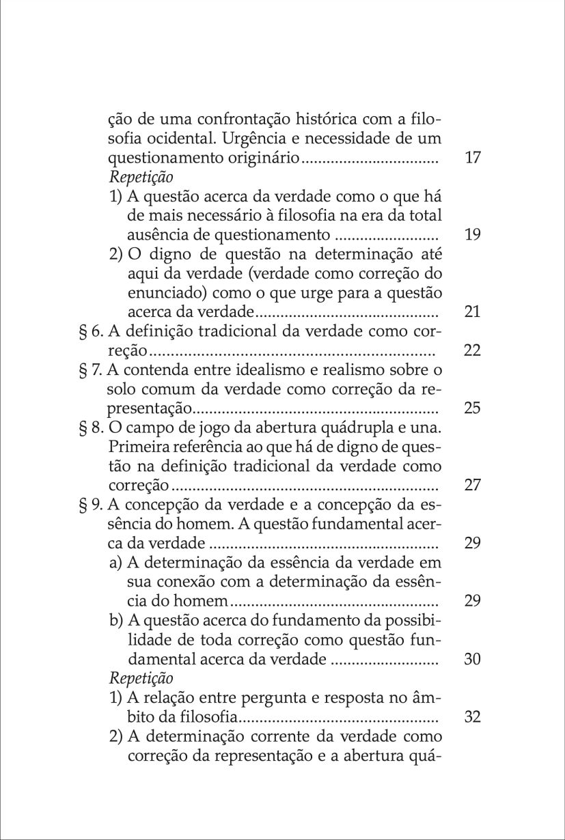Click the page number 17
tap(472, 158)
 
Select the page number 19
tap(472, 235)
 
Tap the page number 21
tap(472, 312)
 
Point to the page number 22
tap(472, 350)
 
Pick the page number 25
tap(472, 408)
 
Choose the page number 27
tap(472, 486)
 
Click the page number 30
tap(472, 660)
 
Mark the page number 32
tap(472, 717)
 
